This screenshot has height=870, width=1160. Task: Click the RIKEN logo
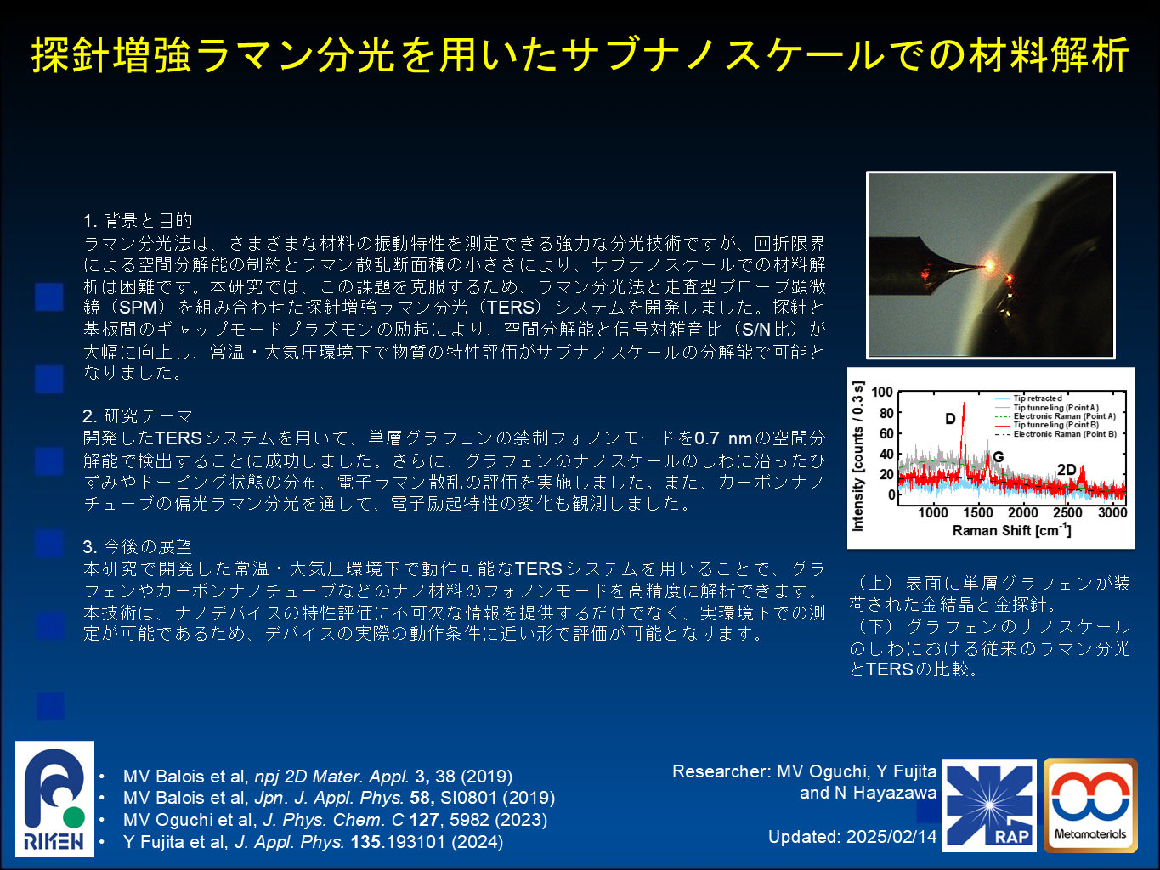tap(54, 799)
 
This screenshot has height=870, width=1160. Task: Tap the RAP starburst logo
tap(989, 805)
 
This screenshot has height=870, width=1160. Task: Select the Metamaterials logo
tap(1091, 805)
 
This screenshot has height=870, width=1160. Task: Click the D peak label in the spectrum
tap(950, 419)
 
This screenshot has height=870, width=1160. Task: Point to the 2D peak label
tap(1067, 470)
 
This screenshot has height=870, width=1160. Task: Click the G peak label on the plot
tap(999, 456)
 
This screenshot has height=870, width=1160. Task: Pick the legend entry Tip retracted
tap(1038, 398)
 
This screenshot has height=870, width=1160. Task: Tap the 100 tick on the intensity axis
tap(882, 392)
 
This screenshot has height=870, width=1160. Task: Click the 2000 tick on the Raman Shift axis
tap(1023, 512)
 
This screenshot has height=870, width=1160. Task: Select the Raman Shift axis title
tap(1012, 530)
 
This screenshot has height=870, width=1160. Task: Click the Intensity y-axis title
tap(857, 456)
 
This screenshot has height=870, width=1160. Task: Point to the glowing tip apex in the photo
tap(989, 266)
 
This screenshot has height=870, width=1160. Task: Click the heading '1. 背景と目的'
tap(138, 220)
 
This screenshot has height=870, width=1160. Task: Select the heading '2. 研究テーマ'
tap(138, 416)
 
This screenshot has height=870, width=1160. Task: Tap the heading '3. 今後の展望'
tap(138, 546)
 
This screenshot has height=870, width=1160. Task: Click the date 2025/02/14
tap(891, 837)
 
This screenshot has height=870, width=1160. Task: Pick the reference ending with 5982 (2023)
tap(335, 820)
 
